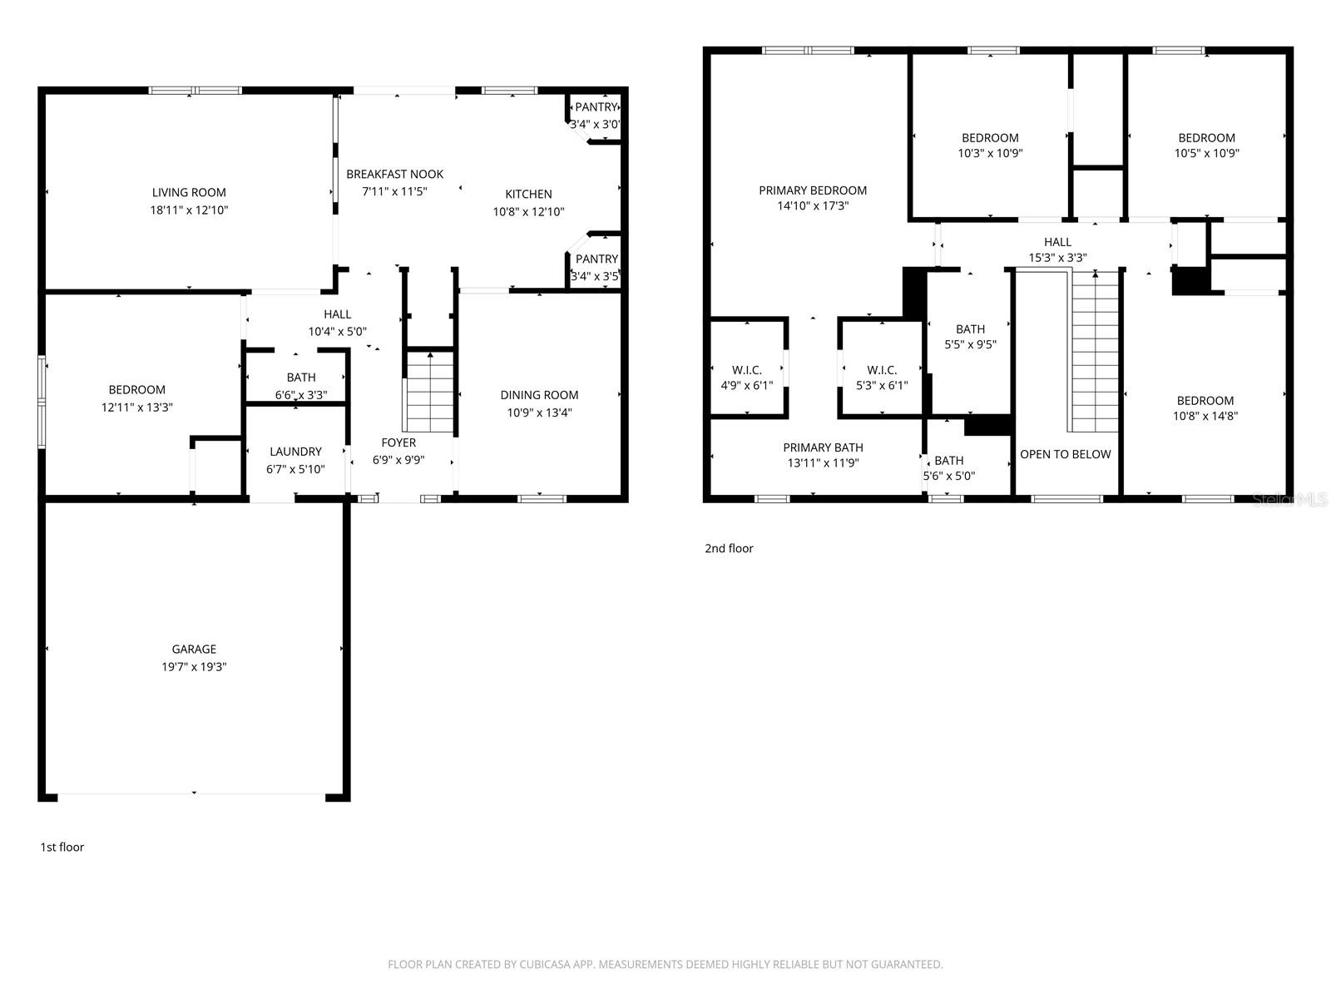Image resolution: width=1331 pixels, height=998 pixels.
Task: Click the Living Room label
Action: (x=189, y=192)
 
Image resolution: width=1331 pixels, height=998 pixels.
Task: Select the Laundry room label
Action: (x=295, y=452)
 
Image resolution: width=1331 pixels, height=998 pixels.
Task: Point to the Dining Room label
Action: (x=539, y=395)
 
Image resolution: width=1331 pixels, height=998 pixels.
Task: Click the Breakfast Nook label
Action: (x=394, y=174)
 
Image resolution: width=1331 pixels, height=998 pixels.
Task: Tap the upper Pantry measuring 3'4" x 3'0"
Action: (x=596, y=116)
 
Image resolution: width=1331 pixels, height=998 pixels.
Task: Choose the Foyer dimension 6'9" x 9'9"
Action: (x=398, y=459)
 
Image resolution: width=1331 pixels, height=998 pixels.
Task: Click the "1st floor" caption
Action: (x=62, y=847)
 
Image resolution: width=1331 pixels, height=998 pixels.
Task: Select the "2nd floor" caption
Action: (x=729, y=548)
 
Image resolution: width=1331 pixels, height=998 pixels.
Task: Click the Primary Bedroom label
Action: (x=813, y=190)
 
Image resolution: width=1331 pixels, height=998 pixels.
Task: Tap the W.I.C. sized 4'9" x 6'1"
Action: (x=746, y=378)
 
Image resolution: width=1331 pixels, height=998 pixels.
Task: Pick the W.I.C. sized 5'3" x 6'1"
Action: (x=881, y=378)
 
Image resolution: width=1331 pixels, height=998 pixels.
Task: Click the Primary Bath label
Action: (x=823, y=447)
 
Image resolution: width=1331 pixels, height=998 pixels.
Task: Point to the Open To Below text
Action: (x=1065, y=454)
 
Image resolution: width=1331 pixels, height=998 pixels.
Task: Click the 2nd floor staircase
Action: (x=1095, y=353)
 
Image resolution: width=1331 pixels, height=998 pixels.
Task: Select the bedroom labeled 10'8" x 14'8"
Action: (x=1205, y=408)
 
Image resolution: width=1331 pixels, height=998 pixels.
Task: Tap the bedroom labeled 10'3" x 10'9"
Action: (x=990, y=145)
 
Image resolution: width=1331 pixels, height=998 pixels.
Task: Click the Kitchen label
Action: (x=528, y=194)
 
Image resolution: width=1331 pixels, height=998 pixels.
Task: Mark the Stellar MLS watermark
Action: (x=1290, y=499)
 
